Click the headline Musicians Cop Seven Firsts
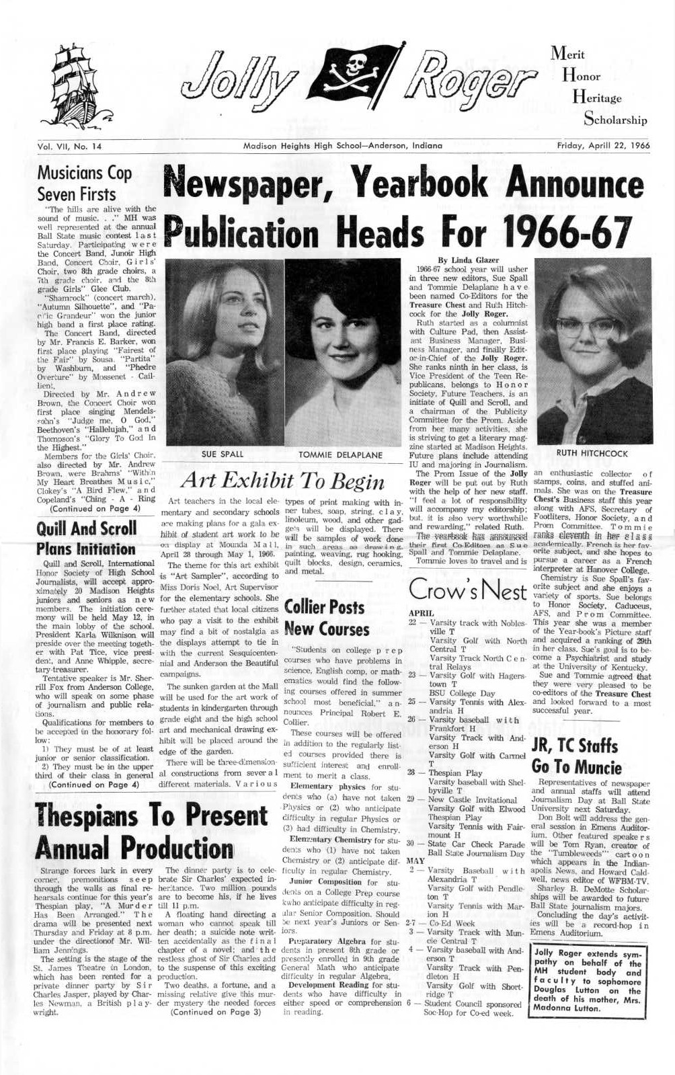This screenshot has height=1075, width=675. [85, 184]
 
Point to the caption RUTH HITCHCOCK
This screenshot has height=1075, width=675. [592, 454]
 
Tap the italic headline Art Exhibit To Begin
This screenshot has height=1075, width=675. [282, 480]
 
